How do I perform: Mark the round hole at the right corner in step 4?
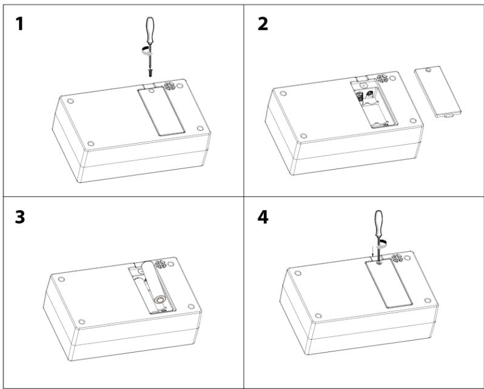coord(429,301)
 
